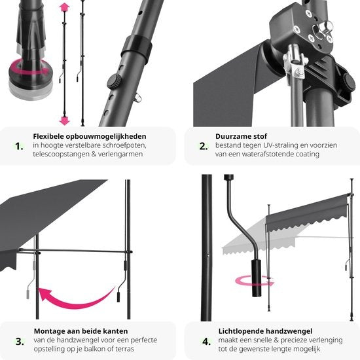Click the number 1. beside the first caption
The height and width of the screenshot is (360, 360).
click(x=20, y=146)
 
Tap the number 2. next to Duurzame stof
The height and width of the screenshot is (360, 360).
click(x=202, y=146)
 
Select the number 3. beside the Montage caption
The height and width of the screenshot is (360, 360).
click(x=20, y=340)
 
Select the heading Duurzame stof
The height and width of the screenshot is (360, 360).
click(x=239, y=137)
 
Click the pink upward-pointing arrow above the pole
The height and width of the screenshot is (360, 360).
click(x=64, y=8)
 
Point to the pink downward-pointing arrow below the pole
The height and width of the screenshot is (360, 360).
click(x=64, y=120)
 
